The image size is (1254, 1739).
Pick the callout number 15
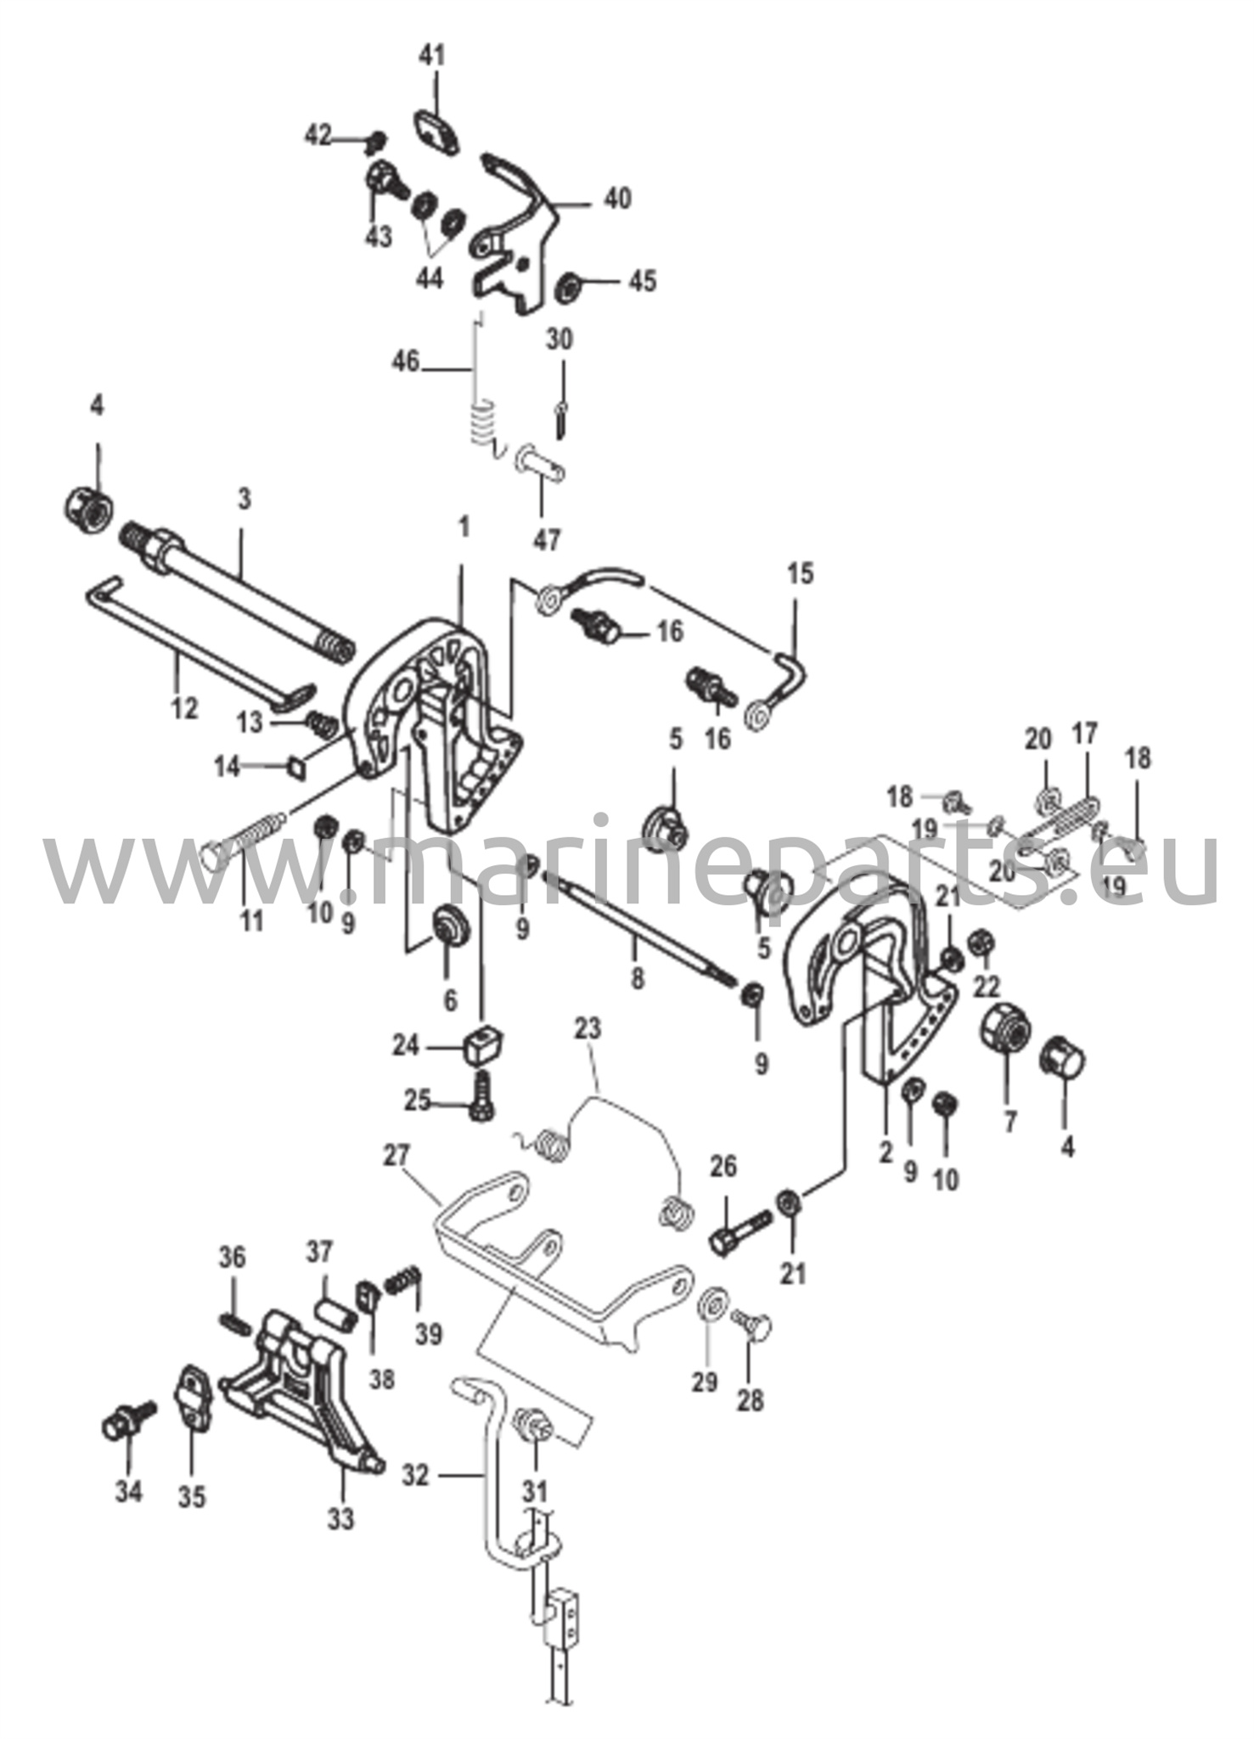click(x=799, y=574)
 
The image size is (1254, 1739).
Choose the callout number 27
click(x=396, y=1156)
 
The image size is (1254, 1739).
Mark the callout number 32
click(x=416, y=1477)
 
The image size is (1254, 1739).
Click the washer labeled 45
click(x=566, y=286)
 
